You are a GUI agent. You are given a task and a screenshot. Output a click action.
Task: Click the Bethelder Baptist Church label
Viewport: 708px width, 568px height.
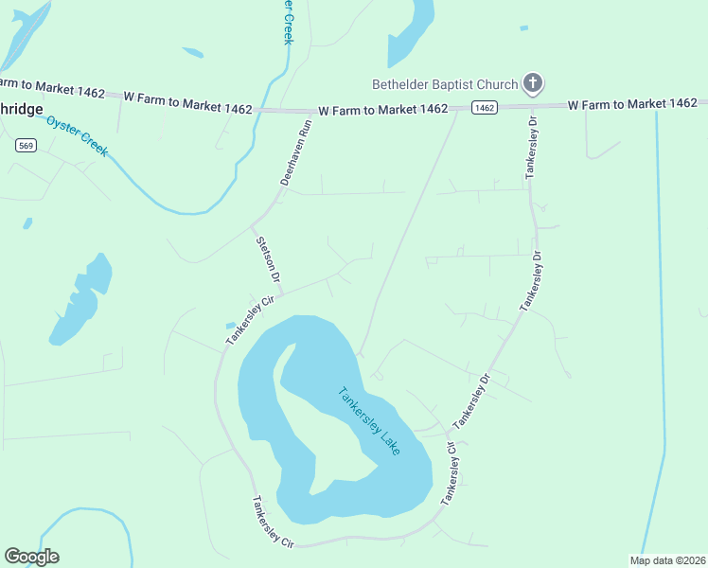(445, 84)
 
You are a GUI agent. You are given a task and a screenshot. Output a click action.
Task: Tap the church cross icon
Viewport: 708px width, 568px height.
(533, 83)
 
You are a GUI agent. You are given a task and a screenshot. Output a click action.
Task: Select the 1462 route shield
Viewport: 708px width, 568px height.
(485, 108)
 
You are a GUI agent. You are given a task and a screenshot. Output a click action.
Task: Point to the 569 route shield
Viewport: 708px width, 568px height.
(26, 145)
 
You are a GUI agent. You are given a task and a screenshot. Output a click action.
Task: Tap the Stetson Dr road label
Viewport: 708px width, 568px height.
(269, 255)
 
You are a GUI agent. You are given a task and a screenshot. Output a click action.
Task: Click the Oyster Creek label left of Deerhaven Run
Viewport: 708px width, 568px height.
(78, 136)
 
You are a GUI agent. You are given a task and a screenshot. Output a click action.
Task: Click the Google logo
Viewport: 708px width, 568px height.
(31, 557)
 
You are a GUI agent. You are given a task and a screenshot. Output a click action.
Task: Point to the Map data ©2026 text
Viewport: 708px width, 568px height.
(666, 559)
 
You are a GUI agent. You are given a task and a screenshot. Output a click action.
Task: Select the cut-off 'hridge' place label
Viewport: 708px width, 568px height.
(21, 109)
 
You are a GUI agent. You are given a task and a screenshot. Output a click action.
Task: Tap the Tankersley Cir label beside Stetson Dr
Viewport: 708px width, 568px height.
(248, 320)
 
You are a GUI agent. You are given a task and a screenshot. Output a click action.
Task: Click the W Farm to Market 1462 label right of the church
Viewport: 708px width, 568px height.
(632, 104)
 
